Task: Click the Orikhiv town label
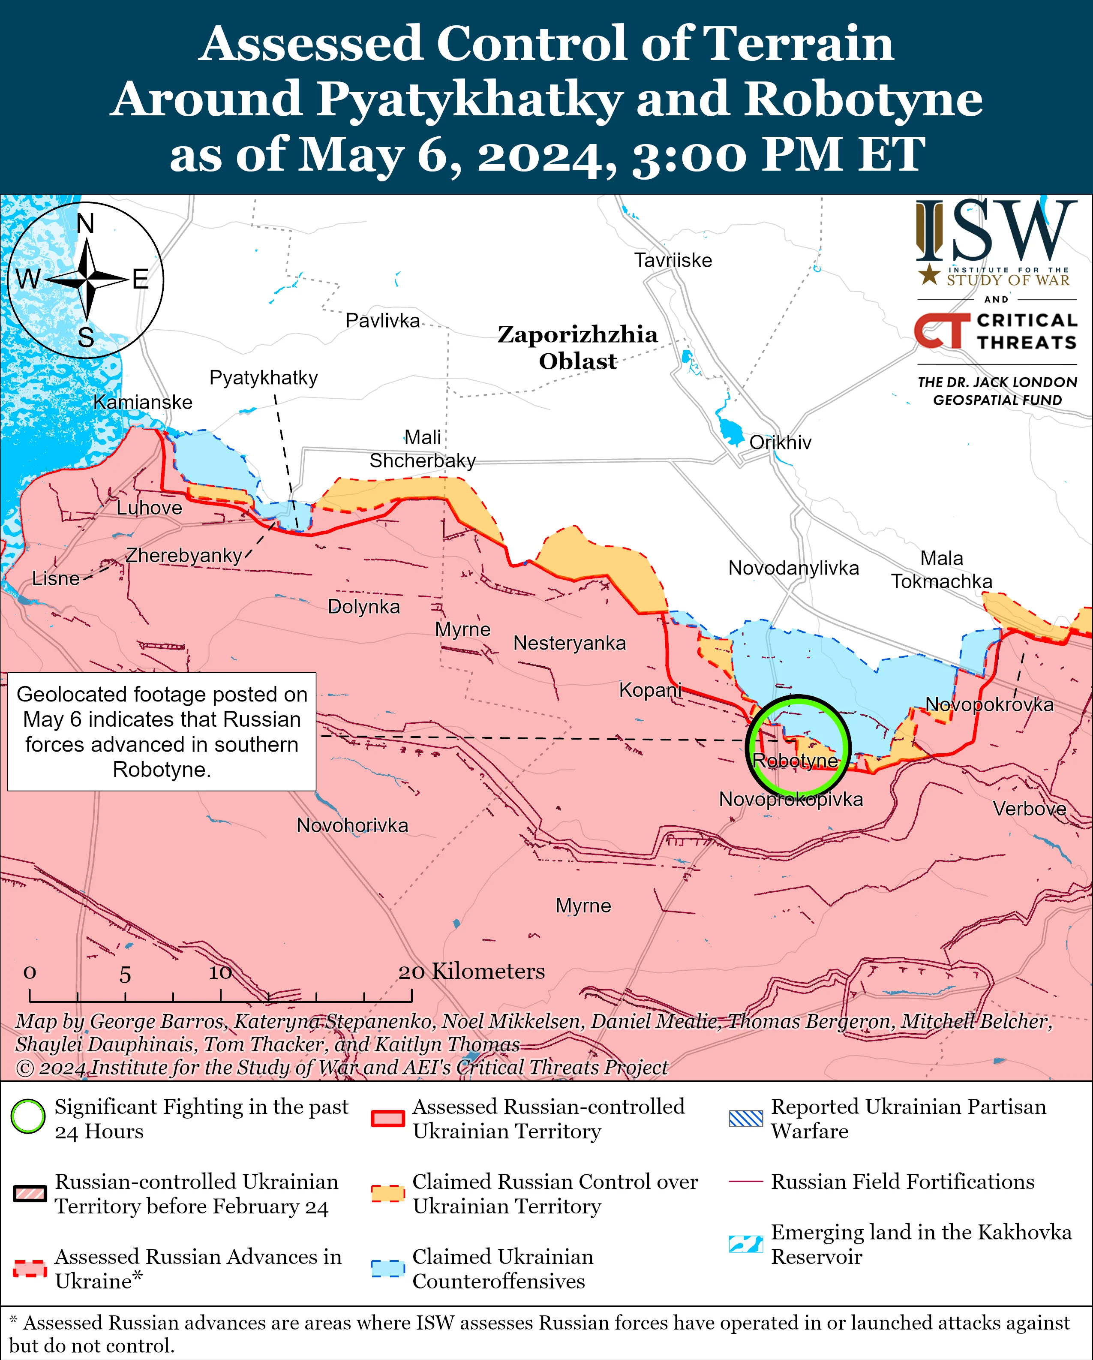click(780, 443)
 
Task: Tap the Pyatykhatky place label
click(264, 378)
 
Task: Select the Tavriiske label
click(673, 261)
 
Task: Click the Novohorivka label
click(352, 826)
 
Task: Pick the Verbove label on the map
click(1029, 809)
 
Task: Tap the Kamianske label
click(143, 403)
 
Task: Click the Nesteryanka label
click(570, 644)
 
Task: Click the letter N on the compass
click(85, 224)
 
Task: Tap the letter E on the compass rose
click(140, 280)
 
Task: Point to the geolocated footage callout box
click(162, 732)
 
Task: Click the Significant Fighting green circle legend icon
click(28, 1116)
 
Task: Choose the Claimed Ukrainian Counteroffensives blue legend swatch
click(387, 1269)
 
